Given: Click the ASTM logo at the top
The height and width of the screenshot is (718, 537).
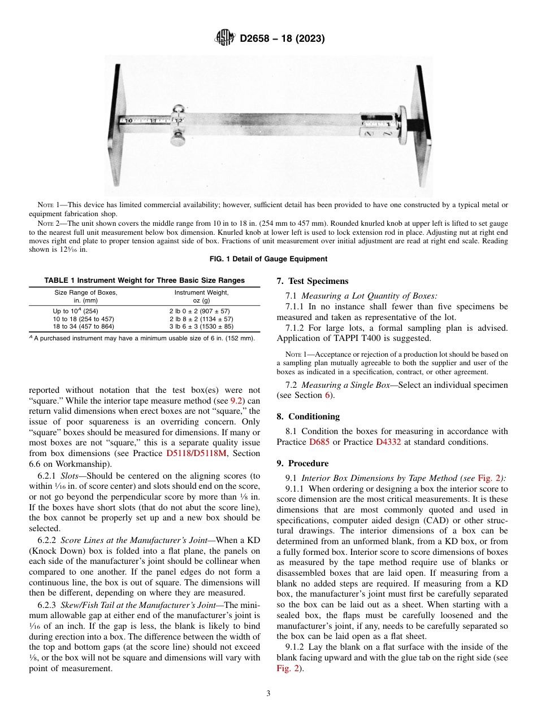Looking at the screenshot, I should click(226, 39).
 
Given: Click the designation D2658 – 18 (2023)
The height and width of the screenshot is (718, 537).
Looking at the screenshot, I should click(282, 39).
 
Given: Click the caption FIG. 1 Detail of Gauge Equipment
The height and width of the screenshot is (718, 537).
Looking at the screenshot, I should click(268, 259).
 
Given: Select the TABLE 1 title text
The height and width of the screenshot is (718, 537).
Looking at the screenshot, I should click(144, 281).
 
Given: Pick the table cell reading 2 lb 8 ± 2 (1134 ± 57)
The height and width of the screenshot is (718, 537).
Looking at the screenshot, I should click(201, 319).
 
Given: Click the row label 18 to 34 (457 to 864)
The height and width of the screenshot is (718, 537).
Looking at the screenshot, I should click(83, 326).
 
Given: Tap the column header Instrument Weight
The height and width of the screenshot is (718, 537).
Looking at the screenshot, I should click(201, 292).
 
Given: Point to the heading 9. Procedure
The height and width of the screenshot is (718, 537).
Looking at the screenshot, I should click(302, 463).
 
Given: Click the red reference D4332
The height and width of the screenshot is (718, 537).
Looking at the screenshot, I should click(388, 442).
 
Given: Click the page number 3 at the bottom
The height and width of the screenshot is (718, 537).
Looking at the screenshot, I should click(268, 694).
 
